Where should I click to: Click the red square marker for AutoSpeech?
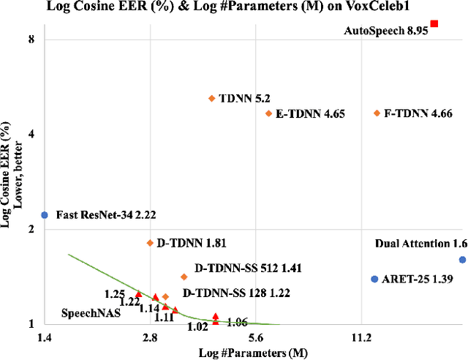[434, 24]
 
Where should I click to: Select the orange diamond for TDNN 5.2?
[212, 98]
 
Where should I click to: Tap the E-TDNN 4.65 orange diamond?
[268, 113]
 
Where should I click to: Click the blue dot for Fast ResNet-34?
[45, 215]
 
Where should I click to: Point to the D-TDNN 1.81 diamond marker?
[150, 243]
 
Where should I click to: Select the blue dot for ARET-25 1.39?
[374, 280]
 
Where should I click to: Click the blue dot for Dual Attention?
[462, 260]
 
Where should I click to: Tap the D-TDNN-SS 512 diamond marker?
[184, 277]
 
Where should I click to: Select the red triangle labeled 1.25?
[138, 293]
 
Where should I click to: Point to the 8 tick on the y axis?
[31, 39]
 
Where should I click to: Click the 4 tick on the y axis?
[31, 134]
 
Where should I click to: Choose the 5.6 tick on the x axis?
[256, 337]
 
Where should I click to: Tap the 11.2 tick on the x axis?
[361, 337]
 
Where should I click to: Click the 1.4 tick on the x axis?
[44, 337]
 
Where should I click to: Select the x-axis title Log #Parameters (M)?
[254, 353]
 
